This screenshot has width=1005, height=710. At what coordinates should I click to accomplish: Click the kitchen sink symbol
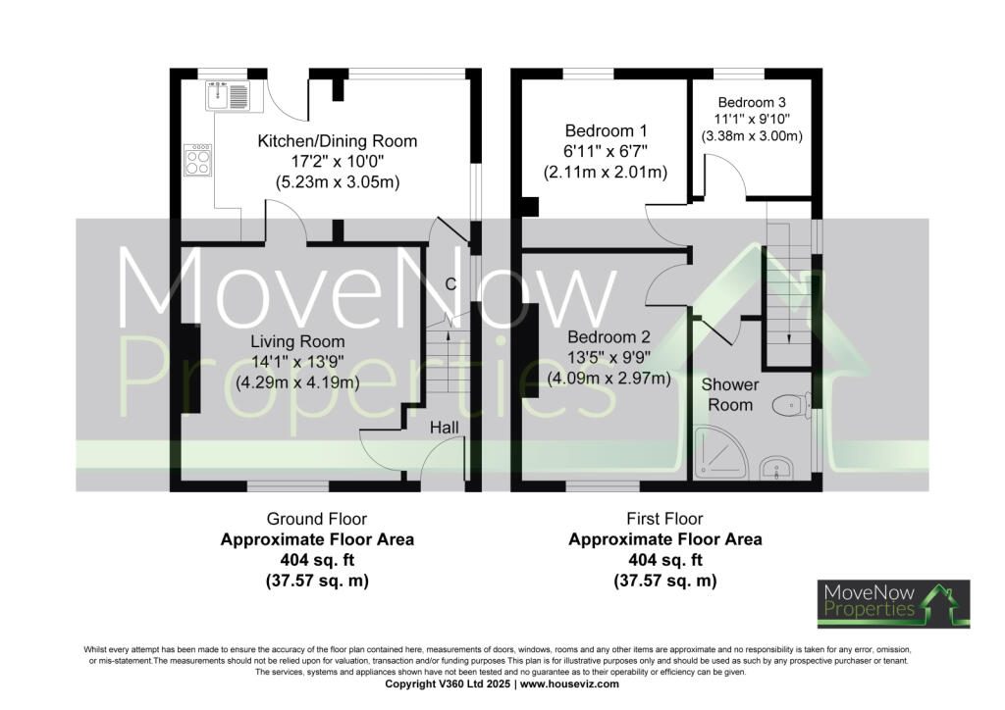[228, 95]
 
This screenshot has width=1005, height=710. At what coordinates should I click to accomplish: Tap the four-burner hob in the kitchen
[197, 160]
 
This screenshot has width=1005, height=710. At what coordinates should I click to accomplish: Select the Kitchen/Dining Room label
[338, 141]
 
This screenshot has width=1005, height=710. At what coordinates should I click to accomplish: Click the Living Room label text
[297, 341]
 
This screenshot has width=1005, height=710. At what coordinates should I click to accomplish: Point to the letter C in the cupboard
[450, 283]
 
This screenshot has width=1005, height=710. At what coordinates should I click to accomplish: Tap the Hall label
[445, 428]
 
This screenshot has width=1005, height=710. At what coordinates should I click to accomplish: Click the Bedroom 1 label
[606, 130]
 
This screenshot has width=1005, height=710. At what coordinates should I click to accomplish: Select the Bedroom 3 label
[751, 102]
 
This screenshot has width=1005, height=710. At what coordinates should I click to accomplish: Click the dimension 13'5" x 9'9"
[608, 357]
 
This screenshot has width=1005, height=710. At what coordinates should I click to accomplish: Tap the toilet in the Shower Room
[790, 405]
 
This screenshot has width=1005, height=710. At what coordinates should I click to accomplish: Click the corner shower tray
[720, 453]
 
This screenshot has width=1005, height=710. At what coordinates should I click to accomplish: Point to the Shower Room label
[729, 394]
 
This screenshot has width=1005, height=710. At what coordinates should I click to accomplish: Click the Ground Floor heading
[317, 518]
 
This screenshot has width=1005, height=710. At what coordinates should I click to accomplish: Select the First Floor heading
[664, 518]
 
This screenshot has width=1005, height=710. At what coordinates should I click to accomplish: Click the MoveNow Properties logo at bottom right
[893, 604]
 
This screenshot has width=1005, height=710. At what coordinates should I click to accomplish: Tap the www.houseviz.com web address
[570, 684]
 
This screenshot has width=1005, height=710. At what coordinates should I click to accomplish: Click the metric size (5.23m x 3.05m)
[338, 182]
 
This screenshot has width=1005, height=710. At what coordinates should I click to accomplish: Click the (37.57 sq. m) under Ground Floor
[317, 581]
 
